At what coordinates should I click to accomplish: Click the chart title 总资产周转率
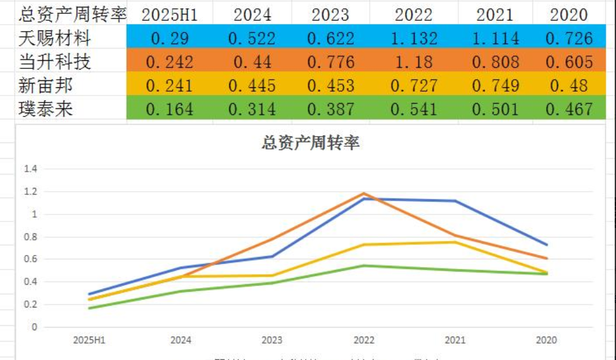coord(310,144)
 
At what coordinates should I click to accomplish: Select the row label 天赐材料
coord(54,38)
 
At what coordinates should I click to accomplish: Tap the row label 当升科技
coord(54,61)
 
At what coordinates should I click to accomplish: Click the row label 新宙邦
coord(46,85)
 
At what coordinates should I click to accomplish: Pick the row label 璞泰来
coord(46,109)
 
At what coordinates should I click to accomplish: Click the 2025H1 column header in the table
coord(170,15)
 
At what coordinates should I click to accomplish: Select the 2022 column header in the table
coord(414,15)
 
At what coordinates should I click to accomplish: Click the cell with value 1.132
coord(414,38)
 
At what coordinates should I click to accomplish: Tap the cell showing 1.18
coord(414,61)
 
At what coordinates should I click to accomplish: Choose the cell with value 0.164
coord(170,109)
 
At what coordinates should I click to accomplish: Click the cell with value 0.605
coord(569,61)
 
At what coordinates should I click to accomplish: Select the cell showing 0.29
coord(170,38)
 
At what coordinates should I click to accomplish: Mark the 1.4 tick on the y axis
coord(30,169)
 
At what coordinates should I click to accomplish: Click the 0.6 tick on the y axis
coord(30,259)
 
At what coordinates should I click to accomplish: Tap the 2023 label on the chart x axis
coord(272,340)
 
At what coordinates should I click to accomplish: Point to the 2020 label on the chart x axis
coord(546,340)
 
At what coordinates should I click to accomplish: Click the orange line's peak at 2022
coord(364,194)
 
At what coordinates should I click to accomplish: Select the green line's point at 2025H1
coord(89,308)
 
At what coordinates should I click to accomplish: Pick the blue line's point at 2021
coord(455,201)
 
